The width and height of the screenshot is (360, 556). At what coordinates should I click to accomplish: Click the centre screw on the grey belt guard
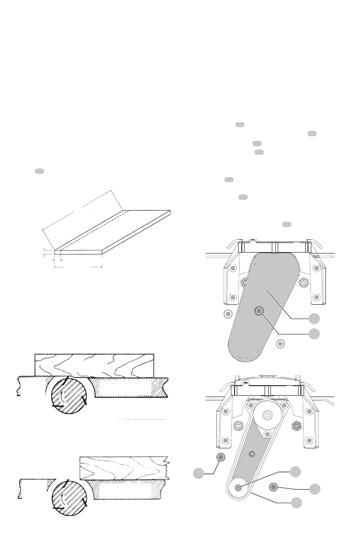259,311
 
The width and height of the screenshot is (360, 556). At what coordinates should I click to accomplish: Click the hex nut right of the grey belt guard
304,283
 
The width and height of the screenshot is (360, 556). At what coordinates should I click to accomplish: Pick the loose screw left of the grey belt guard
226,313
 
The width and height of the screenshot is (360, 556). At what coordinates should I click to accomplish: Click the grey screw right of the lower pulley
273,487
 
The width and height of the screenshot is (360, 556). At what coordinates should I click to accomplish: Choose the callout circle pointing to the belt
296,502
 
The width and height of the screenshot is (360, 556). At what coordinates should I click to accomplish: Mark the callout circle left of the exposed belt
198,474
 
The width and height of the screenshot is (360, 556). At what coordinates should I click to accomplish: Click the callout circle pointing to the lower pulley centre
295,472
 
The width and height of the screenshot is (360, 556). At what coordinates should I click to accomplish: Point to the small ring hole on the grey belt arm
253,453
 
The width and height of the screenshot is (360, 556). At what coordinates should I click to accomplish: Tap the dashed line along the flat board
91,229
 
